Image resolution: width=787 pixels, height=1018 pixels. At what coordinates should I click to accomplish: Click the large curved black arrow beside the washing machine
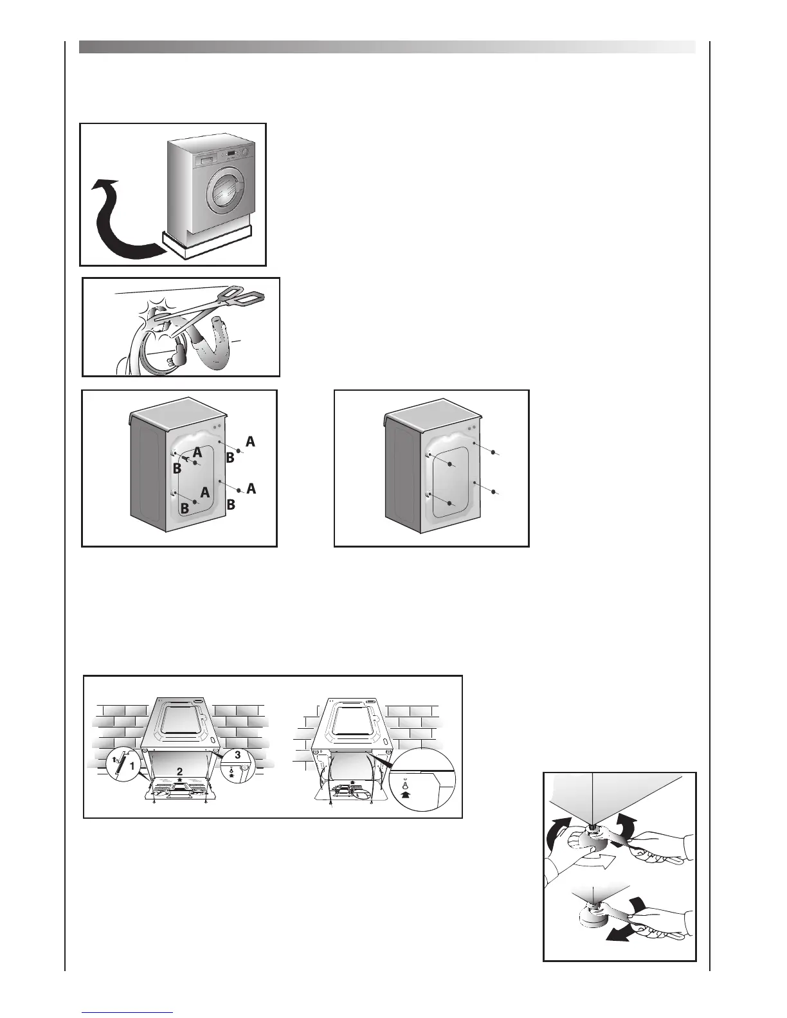point(116,222)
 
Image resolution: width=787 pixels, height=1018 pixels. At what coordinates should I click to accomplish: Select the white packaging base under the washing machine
point(206,242)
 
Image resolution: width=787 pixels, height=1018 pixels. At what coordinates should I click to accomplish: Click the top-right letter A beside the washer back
point(250,442)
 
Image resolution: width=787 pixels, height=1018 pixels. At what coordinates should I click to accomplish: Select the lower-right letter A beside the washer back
point(251,489)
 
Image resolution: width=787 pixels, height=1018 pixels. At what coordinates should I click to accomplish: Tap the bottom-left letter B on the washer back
point(184,508)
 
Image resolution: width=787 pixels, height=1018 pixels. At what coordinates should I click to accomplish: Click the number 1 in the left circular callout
point(132,765)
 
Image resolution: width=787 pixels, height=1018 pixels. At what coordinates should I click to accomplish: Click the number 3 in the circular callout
point(237,755)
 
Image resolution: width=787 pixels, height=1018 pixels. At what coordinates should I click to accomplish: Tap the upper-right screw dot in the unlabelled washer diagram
point(493,452)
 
